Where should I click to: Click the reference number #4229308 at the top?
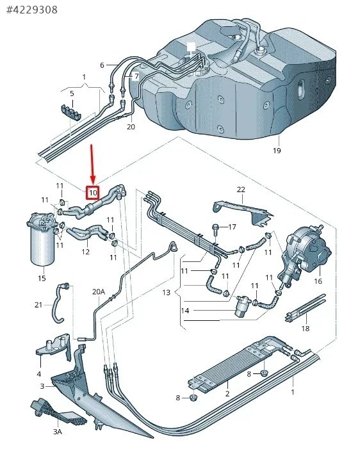click(32, 10)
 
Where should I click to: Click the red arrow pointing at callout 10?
click(92, 165)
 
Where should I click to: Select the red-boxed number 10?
click(93, 193)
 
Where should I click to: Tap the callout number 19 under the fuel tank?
click(277, 151)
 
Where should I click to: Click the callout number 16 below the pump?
click(318, 281)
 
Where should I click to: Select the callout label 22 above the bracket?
click(241, 190)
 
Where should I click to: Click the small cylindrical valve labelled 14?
click(242, 306)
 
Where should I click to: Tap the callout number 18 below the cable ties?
click(306, 328)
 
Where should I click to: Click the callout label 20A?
click(99, 292)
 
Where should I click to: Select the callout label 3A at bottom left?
click(58, 431)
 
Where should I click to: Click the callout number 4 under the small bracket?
click(39, 373)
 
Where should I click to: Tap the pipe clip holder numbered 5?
click(70, 113)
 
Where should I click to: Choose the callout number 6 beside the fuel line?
click(102, 65)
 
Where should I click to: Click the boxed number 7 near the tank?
click(136, 76)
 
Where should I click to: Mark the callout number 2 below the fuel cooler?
click(227, 393)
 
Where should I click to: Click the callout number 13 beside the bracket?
click(167, 292)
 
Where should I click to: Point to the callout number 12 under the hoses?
click(85, 252)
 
